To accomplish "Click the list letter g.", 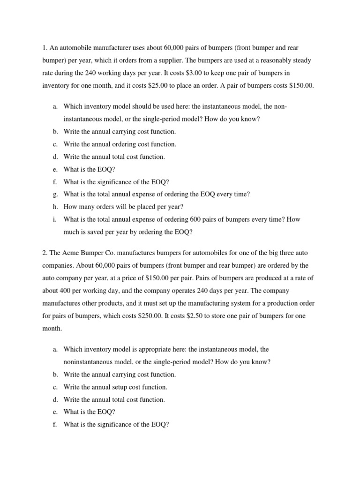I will pos(55,194).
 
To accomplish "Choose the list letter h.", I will pos(55,207).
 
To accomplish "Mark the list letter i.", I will pos(55,219).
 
